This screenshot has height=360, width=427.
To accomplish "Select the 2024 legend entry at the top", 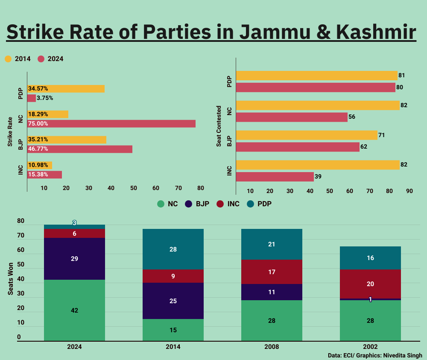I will coord(51,59).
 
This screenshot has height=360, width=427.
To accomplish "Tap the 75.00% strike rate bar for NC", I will coord(111,123).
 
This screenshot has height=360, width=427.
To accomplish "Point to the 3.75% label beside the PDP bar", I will coord(45,98).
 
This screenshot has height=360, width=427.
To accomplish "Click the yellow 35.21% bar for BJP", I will coord(67,139).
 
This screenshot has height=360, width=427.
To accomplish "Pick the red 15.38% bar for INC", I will coord(44,174).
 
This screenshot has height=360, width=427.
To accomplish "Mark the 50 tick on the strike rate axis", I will coord(133,188).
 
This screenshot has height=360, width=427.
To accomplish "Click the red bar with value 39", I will coord(275,176).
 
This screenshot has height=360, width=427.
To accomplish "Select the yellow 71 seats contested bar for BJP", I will coord(307,135).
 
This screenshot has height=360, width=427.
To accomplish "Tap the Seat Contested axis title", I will coord(219,126).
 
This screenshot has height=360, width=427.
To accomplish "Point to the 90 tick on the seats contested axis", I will coord(409,191).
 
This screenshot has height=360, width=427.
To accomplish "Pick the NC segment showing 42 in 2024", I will coord(74,310).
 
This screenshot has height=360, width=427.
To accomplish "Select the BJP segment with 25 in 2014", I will coord(173,301).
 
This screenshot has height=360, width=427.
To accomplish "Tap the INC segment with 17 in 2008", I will coord(272,272).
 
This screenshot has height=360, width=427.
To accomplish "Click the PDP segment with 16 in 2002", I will coord(370,258).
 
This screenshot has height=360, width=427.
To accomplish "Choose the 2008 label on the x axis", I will coord(272,346).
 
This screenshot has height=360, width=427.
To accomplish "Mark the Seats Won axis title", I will coord(10,278).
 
